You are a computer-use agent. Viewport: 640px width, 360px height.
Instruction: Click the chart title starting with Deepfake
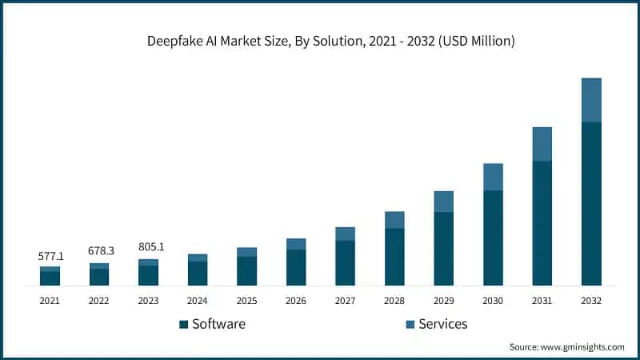tap(320, 41)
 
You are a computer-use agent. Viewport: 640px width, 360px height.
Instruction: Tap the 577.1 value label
tap(51, 257)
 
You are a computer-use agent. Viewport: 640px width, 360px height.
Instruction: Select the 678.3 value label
tap(101, 251)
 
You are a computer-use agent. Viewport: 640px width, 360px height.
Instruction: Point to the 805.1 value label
tap(150, 247)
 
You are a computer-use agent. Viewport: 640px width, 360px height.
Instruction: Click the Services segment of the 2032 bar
tap(591, 100)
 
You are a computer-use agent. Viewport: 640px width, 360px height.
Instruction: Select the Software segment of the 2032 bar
tap(591, 203)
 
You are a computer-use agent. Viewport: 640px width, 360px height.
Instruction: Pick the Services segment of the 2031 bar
tap(542, 144)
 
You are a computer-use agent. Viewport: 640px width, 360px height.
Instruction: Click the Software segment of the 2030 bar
tap(493, 238)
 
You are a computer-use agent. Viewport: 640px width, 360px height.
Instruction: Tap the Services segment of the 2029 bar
tap(444, 202)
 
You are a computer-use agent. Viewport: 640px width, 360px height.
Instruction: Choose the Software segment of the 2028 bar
tap(394, 257)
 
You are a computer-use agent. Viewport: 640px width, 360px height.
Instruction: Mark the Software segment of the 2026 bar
tap(296, 267)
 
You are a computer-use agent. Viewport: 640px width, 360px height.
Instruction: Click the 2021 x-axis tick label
tap(50, 301)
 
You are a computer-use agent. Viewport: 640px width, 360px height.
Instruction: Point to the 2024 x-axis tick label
tap(198, 301)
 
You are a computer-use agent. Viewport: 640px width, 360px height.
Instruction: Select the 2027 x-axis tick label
tap(345, 301)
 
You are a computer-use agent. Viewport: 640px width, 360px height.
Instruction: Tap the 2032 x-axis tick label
tap(591, 301)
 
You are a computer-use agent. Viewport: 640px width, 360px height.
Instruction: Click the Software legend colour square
tap(183, 324)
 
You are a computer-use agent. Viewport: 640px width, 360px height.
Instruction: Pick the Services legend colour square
tap(410, 324)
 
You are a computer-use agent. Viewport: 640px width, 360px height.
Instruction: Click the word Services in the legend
tap(442, 324)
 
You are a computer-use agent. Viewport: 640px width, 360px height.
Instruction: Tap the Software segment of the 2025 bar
tap(247, 270)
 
